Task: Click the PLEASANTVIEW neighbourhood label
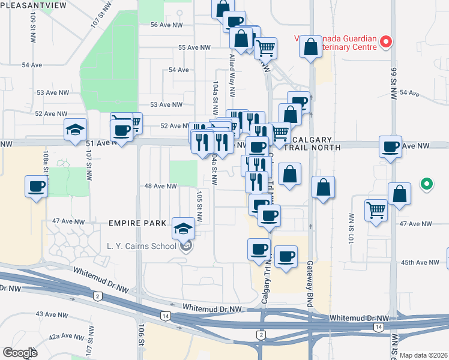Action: (33, 5)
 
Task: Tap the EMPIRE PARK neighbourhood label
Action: (137, 223)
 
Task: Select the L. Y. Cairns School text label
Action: (141, 245)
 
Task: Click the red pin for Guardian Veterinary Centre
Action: (387, 43)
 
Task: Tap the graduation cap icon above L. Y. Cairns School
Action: (184, 227)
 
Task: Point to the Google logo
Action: (20, 353)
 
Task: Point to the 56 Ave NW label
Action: (166, 25)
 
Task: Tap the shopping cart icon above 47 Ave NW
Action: (376, 210)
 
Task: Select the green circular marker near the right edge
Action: (426, 184)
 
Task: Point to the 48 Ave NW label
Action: (160, 186)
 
